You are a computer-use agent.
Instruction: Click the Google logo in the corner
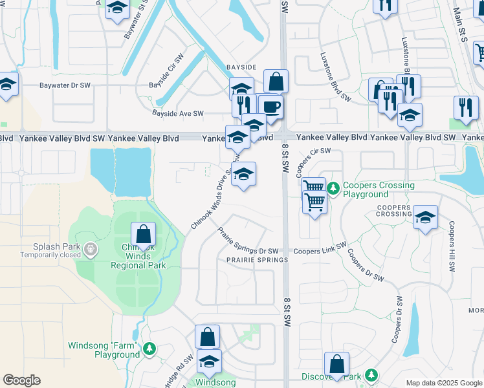click(22, 380)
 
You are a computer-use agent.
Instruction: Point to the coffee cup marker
click(270, 107)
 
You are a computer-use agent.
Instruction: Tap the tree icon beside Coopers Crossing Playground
click(333, 188)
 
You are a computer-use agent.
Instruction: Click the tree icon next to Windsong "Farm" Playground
click(149, 349)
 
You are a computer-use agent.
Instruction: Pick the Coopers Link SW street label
click(320, 251)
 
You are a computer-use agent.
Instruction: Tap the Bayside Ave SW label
click(178, 114)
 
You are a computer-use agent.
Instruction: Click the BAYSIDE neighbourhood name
click(241, 67)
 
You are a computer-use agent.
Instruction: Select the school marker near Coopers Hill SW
click(425, 217)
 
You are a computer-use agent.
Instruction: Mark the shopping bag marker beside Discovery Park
click(337, 363)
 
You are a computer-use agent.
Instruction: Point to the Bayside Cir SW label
click(168, 74)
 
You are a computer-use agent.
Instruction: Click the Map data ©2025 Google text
click(443, 383)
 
